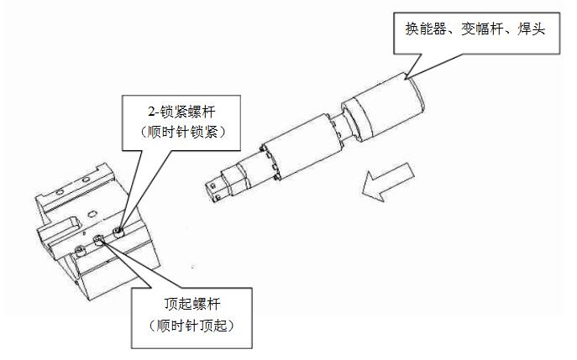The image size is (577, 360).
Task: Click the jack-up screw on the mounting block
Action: [x=98, y=241]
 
